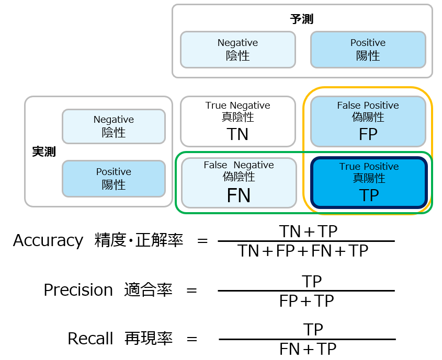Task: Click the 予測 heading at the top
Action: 302,19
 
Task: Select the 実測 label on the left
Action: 44,152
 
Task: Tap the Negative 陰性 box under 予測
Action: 238,50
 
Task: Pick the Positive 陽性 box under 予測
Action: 368,50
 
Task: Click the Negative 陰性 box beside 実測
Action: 114,126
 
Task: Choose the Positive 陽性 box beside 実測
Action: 114,179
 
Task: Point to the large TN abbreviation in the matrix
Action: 237,135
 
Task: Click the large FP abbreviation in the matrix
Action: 368,135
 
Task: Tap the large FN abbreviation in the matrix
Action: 239,195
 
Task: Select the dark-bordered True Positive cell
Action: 369,183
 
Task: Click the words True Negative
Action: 237,106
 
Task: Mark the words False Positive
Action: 368,106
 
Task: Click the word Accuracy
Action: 48,240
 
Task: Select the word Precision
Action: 78,290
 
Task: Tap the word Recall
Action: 90,339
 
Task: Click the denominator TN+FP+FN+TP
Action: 303,251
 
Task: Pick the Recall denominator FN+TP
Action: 308,349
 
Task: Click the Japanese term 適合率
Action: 149,290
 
